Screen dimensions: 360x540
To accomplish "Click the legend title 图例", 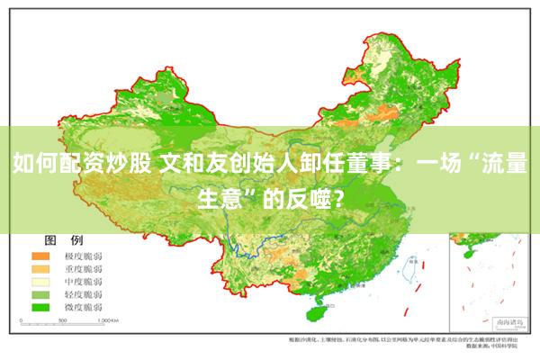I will coord(63,241).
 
